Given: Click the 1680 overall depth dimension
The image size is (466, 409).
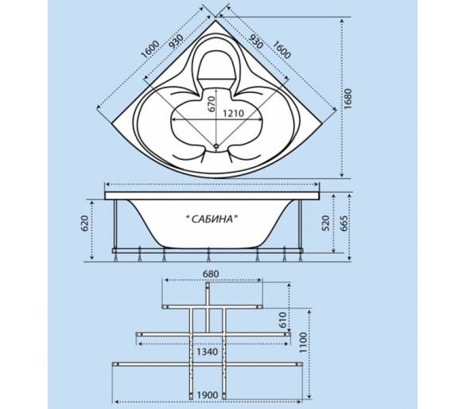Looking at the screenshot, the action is coord(348,99).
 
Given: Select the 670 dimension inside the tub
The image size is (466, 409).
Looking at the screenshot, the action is coord(211,103).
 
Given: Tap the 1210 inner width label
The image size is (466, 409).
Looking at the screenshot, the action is coord(233,113).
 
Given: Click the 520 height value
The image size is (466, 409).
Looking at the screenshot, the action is coord(326,224).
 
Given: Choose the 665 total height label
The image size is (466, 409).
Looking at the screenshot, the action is coord(343,224).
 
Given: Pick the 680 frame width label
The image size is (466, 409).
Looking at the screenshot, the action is coord(210,274).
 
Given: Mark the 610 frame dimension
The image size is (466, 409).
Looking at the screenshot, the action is coord(283,320).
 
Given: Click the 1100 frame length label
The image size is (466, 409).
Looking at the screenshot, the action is coord(302,342).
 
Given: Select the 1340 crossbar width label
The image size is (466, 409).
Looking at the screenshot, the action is coord(208,352).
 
